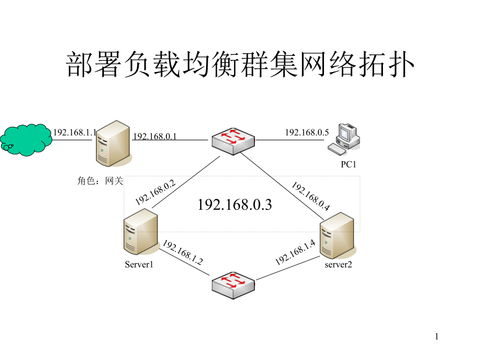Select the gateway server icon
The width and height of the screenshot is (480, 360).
point(112,143)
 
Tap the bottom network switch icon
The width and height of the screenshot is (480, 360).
point(233,285)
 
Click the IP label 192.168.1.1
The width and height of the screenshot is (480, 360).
point(74,133)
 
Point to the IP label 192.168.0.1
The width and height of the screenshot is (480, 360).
point(155,137)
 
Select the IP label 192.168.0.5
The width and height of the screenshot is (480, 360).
point(307,133)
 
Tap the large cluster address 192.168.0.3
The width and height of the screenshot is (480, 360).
point(235,205)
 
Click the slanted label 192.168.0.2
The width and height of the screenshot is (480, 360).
point(155,192)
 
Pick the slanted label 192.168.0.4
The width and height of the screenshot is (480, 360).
point(310,196)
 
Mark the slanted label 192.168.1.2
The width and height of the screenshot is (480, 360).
point(182,253)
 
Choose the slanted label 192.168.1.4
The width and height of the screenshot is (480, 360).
point(295,251)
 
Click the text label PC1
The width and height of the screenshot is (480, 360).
point(349,165)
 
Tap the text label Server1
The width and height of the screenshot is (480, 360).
point(139,265)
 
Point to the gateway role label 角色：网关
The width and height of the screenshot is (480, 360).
point(100,181)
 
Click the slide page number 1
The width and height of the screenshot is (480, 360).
point(437,337)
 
